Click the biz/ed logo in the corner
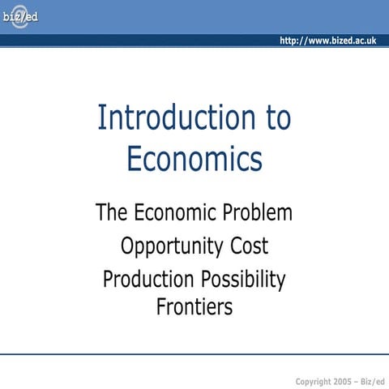(19, 16)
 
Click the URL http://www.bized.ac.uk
(327, 41)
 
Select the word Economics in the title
(194, 159)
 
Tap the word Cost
(247, 246)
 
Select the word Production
(147, 280)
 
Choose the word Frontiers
(194, 307)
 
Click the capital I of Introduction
(101, 118)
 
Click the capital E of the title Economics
(134, 159)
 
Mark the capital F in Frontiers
(160, 307)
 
